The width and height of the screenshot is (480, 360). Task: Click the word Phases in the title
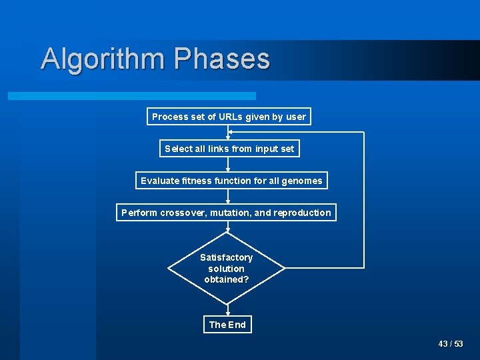tap(222, 59)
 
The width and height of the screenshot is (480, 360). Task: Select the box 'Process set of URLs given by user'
tap(229, 117)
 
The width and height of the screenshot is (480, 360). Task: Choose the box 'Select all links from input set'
tap(229, 149)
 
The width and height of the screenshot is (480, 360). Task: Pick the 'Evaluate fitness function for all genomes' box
tap(231, 181)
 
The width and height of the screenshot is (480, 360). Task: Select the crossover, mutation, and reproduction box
tap(226, 213)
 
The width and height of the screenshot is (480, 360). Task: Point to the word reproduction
tap(302, 213)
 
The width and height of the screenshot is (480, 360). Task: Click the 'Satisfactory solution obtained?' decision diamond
tap(227, 268)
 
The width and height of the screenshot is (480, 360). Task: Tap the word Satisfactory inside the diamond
tap(227, 257)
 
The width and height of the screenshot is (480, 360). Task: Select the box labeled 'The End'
tap(227, 325)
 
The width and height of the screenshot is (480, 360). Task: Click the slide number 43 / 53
tap(451, 344)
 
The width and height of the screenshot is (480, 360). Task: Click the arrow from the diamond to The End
tap(227, 310)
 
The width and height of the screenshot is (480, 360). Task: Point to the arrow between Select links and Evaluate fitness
tap(228, 165)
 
